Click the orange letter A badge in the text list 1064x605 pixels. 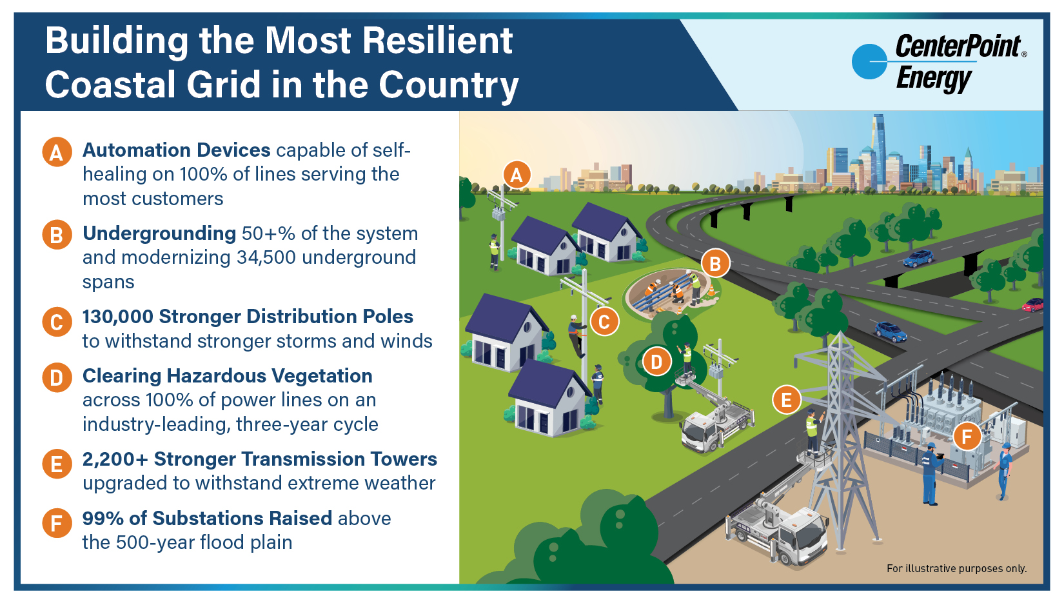[57, 152]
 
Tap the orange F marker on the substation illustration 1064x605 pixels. [967, 437]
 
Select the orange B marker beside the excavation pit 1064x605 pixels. [714, 263]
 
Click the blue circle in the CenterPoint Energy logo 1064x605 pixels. [869, 62]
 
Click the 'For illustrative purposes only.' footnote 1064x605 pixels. [956, 568]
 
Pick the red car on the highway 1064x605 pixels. [1033, 304]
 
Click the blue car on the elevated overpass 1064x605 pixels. [918, 259]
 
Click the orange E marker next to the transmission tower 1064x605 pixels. [786, 400]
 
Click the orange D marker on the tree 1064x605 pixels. [656, 361]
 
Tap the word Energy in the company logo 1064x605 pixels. [933, 79]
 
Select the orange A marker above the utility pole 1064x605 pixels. [516, 174]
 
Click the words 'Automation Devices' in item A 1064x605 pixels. [176, 150]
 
